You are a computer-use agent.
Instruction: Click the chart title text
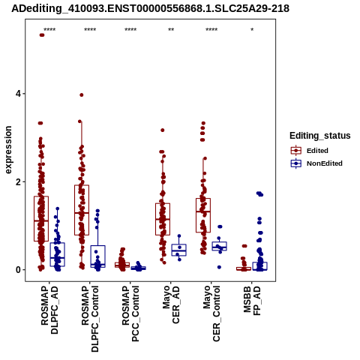pyautogui.click(x=150, y=8)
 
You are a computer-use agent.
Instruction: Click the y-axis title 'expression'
pyautogui.click(x=8, y=150)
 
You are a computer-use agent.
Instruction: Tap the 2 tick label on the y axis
pyautogui.click(x=18, y=182)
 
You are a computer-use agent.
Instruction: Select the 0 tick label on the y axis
pyautogui.click(x=18, y=270)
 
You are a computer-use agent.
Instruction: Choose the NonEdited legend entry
pyautogui.click(x=316, y=163)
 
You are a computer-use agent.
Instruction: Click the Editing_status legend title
pyautogui.click(x=320, y=136)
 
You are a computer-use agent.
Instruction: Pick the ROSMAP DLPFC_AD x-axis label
pyautogui.click(x=49, y=310)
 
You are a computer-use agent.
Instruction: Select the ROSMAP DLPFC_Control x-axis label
pyautogui.click(x=90, y=319)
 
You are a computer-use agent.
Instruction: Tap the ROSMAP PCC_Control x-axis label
pyautogui.click(x=130, y=313)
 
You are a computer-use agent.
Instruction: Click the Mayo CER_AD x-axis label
pyautogui.click(x=171, y=304)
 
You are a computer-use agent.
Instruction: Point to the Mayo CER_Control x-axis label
pyautogui.click(x=211, y=313)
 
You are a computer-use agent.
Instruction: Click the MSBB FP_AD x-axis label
pyautogui.click(x=252, y=301)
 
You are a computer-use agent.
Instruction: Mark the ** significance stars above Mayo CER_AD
pyautogui.click(x=171, y=30)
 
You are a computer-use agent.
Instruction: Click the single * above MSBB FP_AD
pyautogui.click(x=252, y=30)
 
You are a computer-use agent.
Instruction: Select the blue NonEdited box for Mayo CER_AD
pyautogui.click(x=178, y=250)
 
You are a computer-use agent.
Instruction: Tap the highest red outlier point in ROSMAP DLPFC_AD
pyautogui.click(x=42, y=35)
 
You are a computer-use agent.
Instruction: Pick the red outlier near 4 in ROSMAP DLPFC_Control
pyautogui.click(x=81, y=95)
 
